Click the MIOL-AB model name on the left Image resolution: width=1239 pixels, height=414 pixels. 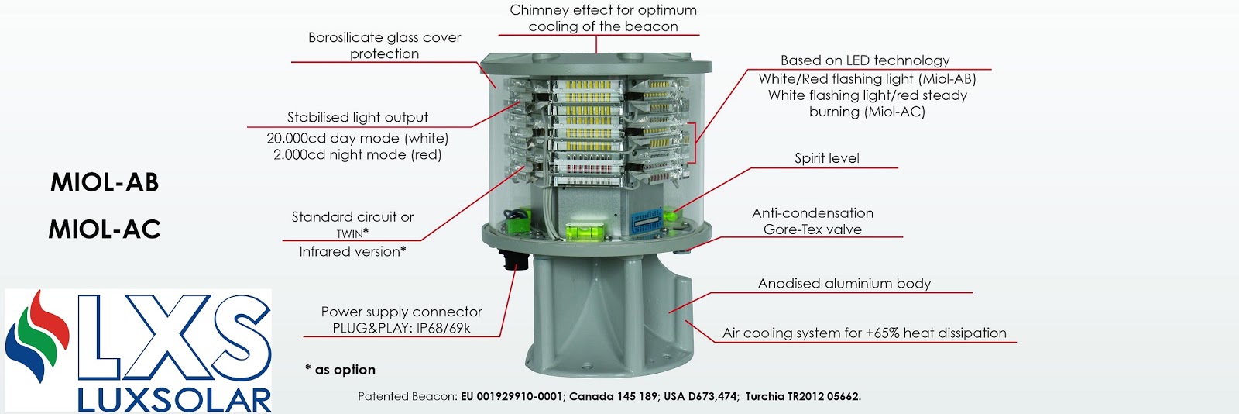(x=105, y=182)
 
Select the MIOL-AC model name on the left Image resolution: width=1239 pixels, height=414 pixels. (x=105, y=229)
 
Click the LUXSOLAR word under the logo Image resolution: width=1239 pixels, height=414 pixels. (x=174, y=400)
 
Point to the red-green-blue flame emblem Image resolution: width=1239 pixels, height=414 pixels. (x=36, y=336)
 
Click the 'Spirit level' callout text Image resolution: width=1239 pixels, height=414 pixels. (x=826, y=158)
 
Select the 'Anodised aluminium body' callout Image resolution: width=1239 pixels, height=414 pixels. (x=844, y=284)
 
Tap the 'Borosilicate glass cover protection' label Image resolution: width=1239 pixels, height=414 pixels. (x=384, y=45)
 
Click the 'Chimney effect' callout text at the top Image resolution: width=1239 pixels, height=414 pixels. (x=602, y=18)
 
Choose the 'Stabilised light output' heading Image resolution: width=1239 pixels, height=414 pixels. (x=357, y=117)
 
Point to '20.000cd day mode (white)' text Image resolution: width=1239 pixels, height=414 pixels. (x=357, y=138)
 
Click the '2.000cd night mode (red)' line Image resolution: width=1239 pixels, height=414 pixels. (x=357, y=155)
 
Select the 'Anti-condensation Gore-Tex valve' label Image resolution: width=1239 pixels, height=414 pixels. (x=812, y=221)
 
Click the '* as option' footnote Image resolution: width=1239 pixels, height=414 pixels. (x=341, y=370)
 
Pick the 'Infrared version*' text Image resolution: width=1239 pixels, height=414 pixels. (x=352, y=251)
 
